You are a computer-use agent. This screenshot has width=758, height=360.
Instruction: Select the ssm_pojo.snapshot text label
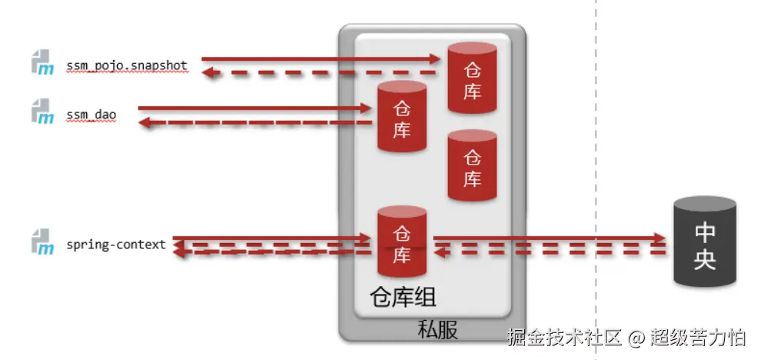pos(127,65)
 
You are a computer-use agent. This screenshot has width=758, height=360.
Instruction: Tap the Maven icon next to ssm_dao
pos(42,112)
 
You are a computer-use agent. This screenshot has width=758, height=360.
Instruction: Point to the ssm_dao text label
pos(91,114)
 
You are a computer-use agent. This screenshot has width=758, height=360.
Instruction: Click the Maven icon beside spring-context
pos(42,242)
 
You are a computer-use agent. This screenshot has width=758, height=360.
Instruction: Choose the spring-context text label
pos(116,245)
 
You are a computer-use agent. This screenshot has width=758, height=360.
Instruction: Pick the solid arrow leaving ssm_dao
pos(254,108)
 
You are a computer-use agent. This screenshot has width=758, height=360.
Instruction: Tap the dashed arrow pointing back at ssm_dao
pos(254,122)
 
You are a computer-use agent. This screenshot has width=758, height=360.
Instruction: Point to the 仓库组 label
pos(402,297)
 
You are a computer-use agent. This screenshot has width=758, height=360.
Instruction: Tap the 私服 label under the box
pos(437,329)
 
